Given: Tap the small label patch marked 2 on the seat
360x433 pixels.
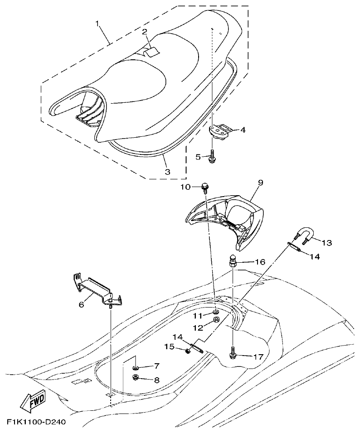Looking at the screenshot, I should click(152, 52).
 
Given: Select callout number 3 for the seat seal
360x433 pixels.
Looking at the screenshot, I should click(167, 172).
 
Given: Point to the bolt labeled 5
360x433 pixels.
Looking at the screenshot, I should click(212, 158).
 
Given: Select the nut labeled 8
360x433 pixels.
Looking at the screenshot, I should click(136, 378).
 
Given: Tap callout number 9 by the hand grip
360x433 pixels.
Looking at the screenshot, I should click(260, 183).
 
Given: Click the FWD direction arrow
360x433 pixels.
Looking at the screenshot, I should click(32, 402).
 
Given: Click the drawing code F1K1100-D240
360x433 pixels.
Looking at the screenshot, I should click(36, 422).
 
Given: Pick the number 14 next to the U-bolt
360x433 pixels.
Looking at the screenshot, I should click(315, 256).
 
